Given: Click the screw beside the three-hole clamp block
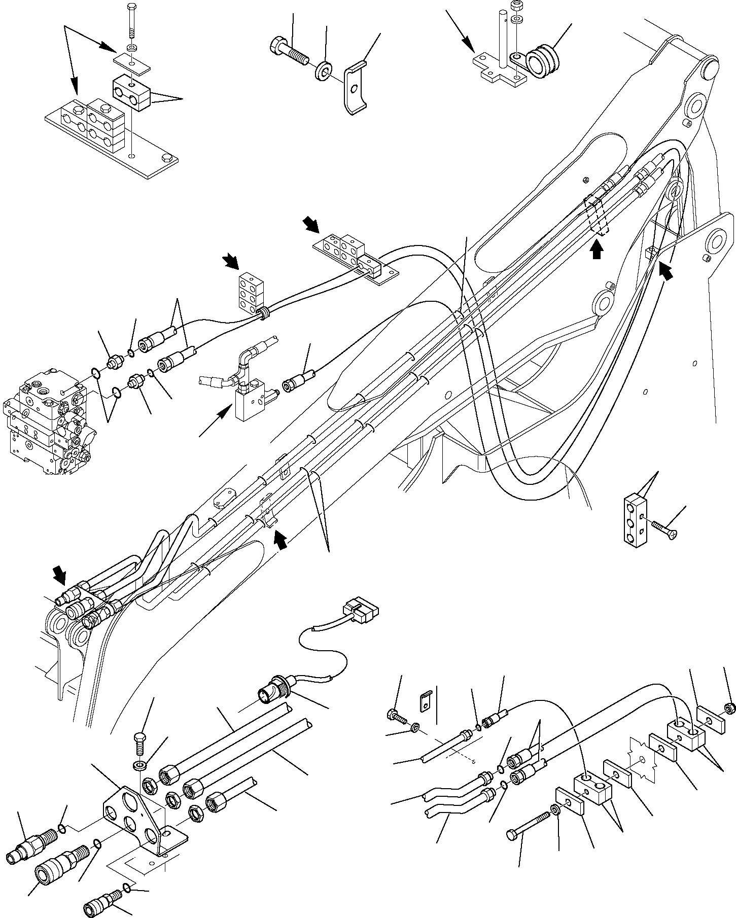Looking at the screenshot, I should click(664, 529).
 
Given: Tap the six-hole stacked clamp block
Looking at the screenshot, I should click(250, 290).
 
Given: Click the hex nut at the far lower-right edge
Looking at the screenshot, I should click(728, 707).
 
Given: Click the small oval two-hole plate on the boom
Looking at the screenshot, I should click(224, 498).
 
